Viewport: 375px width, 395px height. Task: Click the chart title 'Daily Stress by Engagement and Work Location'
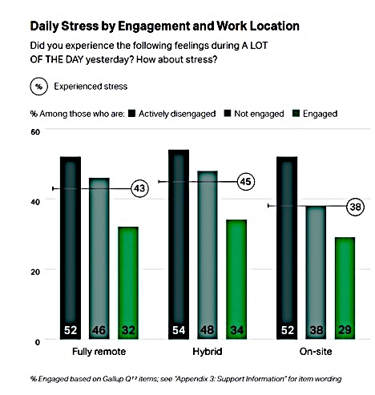[x=164, y=26]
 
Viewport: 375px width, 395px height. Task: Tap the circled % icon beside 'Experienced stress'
[x=39, y=87]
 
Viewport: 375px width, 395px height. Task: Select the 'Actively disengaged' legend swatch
[x=131, y=114]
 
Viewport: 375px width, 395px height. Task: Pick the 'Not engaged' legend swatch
[x=228, y=114]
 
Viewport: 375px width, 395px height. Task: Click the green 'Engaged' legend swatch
[x=296, y=114]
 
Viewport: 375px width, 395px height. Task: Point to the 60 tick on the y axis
[x=35, y=131]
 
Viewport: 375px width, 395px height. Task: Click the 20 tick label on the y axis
[x=35, y=272]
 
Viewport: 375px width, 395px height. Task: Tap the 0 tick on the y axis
[x=38, y=342]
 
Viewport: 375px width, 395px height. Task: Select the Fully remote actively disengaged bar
[x=71, y=248]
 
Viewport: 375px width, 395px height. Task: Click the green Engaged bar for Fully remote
[x=128, y=283]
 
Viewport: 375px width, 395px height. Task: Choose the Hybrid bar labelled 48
[x=208, y=255]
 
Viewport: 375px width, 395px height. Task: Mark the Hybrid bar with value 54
[x=179, y=244]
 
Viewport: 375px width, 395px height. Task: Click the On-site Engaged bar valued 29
[x=345, y=288]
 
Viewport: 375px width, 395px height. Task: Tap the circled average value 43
[x=139, y=188]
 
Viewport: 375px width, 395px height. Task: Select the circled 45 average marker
[x=246, y=182]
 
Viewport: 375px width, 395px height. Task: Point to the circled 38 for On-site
[x=355, y=207]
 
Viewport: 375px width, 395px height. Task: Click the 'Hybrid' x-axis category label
[x=208, y=352]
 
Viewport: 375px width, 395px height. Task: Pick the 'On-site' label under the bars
[x=316, y=352]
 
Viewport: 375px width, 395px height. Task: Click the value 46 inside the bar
[x=99, y=330]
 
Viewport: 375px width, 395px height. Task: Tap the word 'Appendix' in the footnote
[x=192, y=379]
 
